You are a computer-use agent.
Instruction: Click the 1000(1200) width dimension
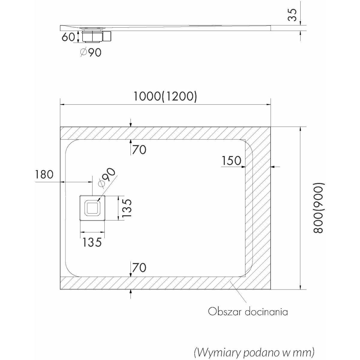point(165,97)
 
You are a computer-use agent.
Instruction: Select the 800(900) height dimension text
point(318,208)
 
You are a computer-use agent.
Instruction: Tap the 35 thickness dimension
point(292,15)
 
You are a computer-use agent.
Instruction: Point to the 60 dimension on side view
point(68,37)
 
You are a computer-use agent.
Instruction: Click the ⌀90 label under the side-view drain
point(91,52)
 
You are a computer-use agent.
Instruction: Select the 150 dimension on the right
point(232,160)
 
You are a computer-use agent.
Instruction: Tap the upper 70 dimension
point(139,150)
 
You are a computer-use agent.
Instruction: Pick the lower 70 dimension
point(139,267)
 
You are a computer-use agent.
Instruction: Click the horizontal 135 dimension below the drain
point(92,242)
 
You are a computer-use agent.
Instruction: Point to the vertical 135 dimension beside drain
point(127,208)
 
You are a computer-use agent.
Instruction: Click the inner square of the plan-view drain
point(92,207)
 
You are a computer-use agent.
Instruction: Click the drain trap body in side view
point(92,36)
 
